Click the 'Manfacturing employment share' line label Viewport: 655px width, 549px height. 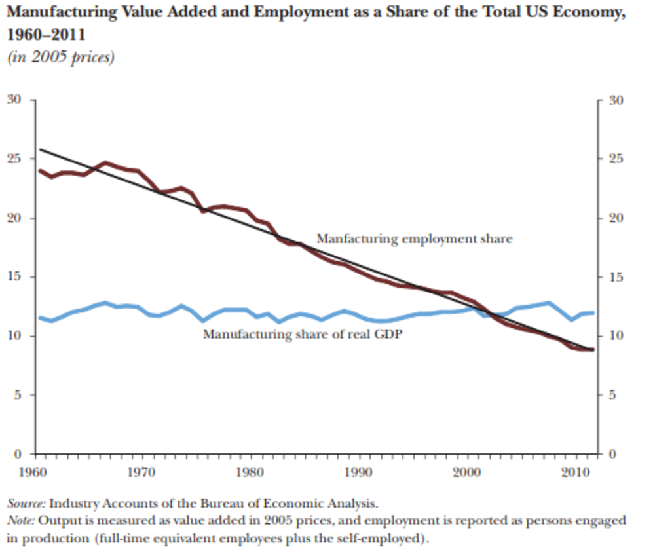tap(414, 238)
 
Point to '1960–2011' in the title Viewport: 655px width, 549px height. tap(45, 33)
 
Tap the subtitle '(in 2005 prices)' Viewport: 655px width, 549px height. tap(60, 57)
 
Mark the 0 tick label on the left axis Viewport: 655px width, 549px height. tap(18, 454)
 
